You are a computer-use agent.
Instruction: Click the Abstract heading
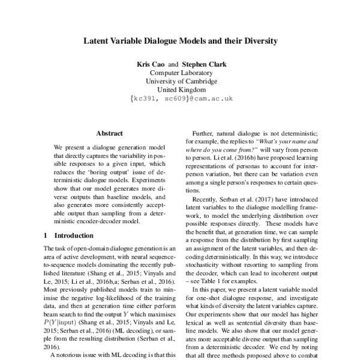click(x=109, y=133)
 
